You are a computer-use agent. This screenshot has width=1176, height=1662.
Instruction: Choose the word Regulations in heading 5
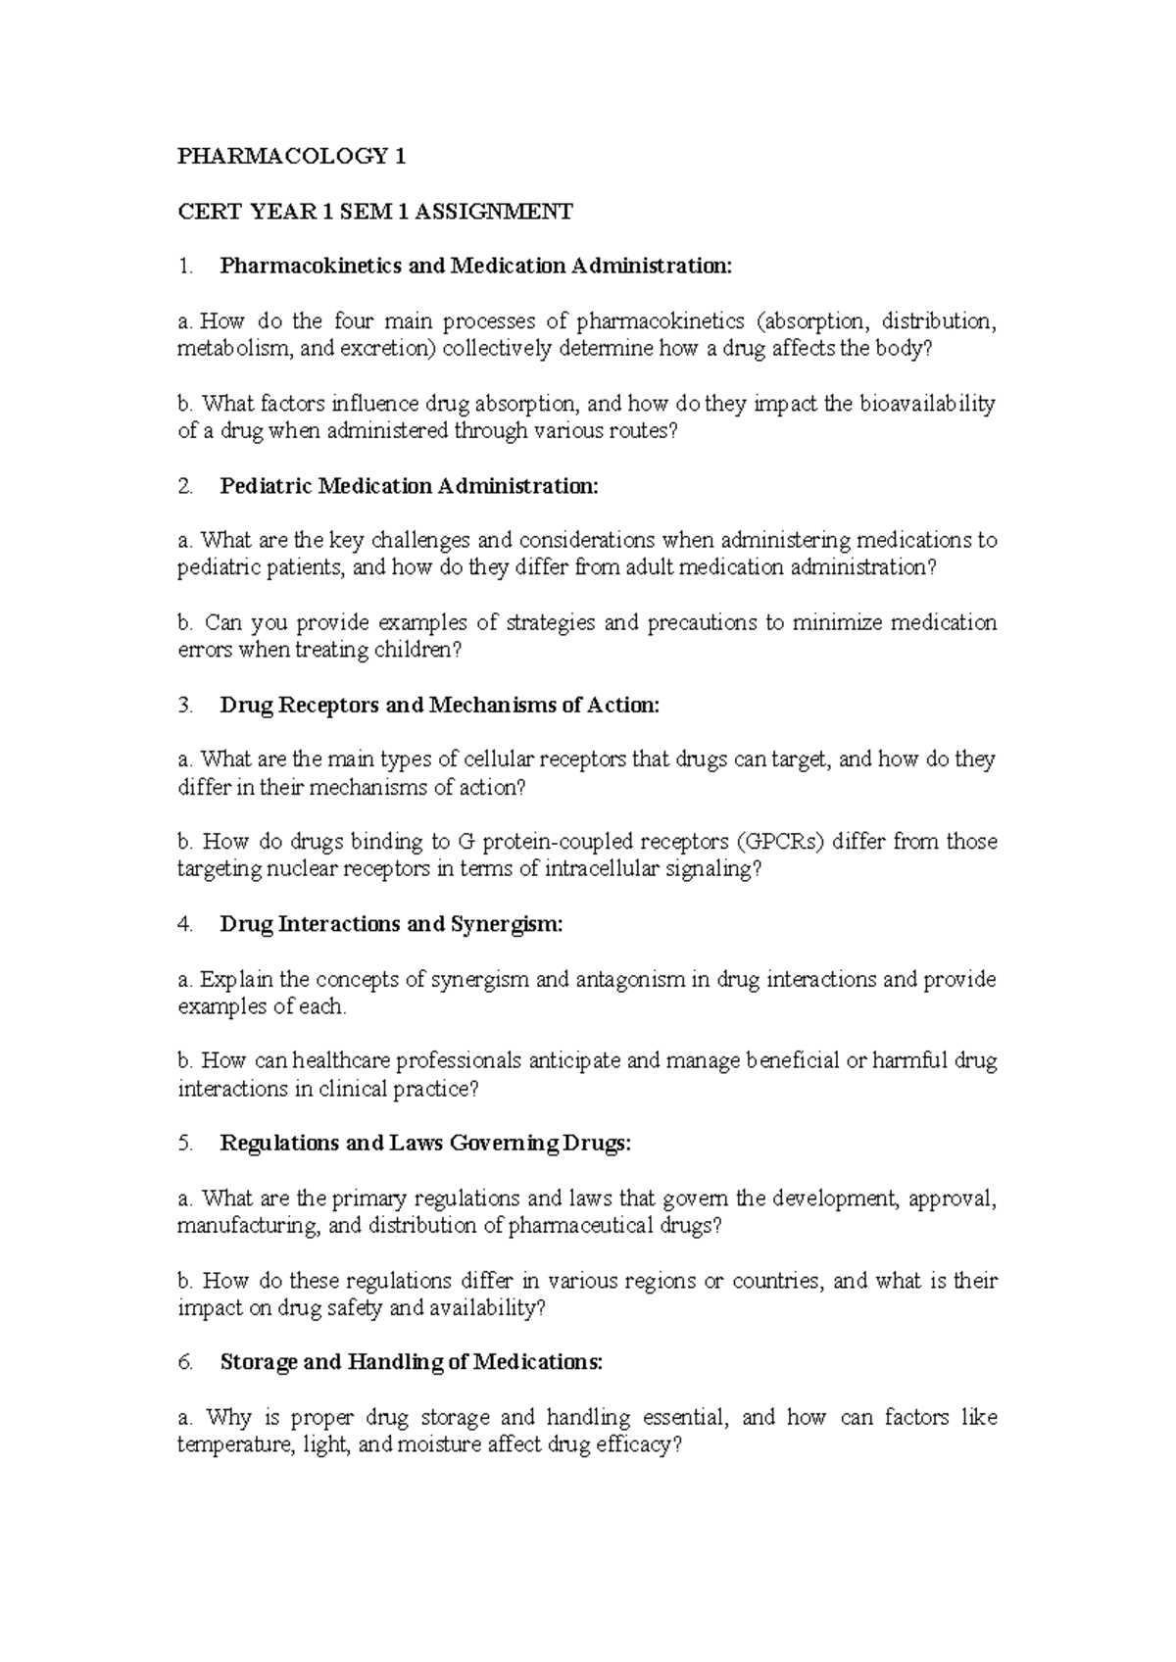[281, 1144]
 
